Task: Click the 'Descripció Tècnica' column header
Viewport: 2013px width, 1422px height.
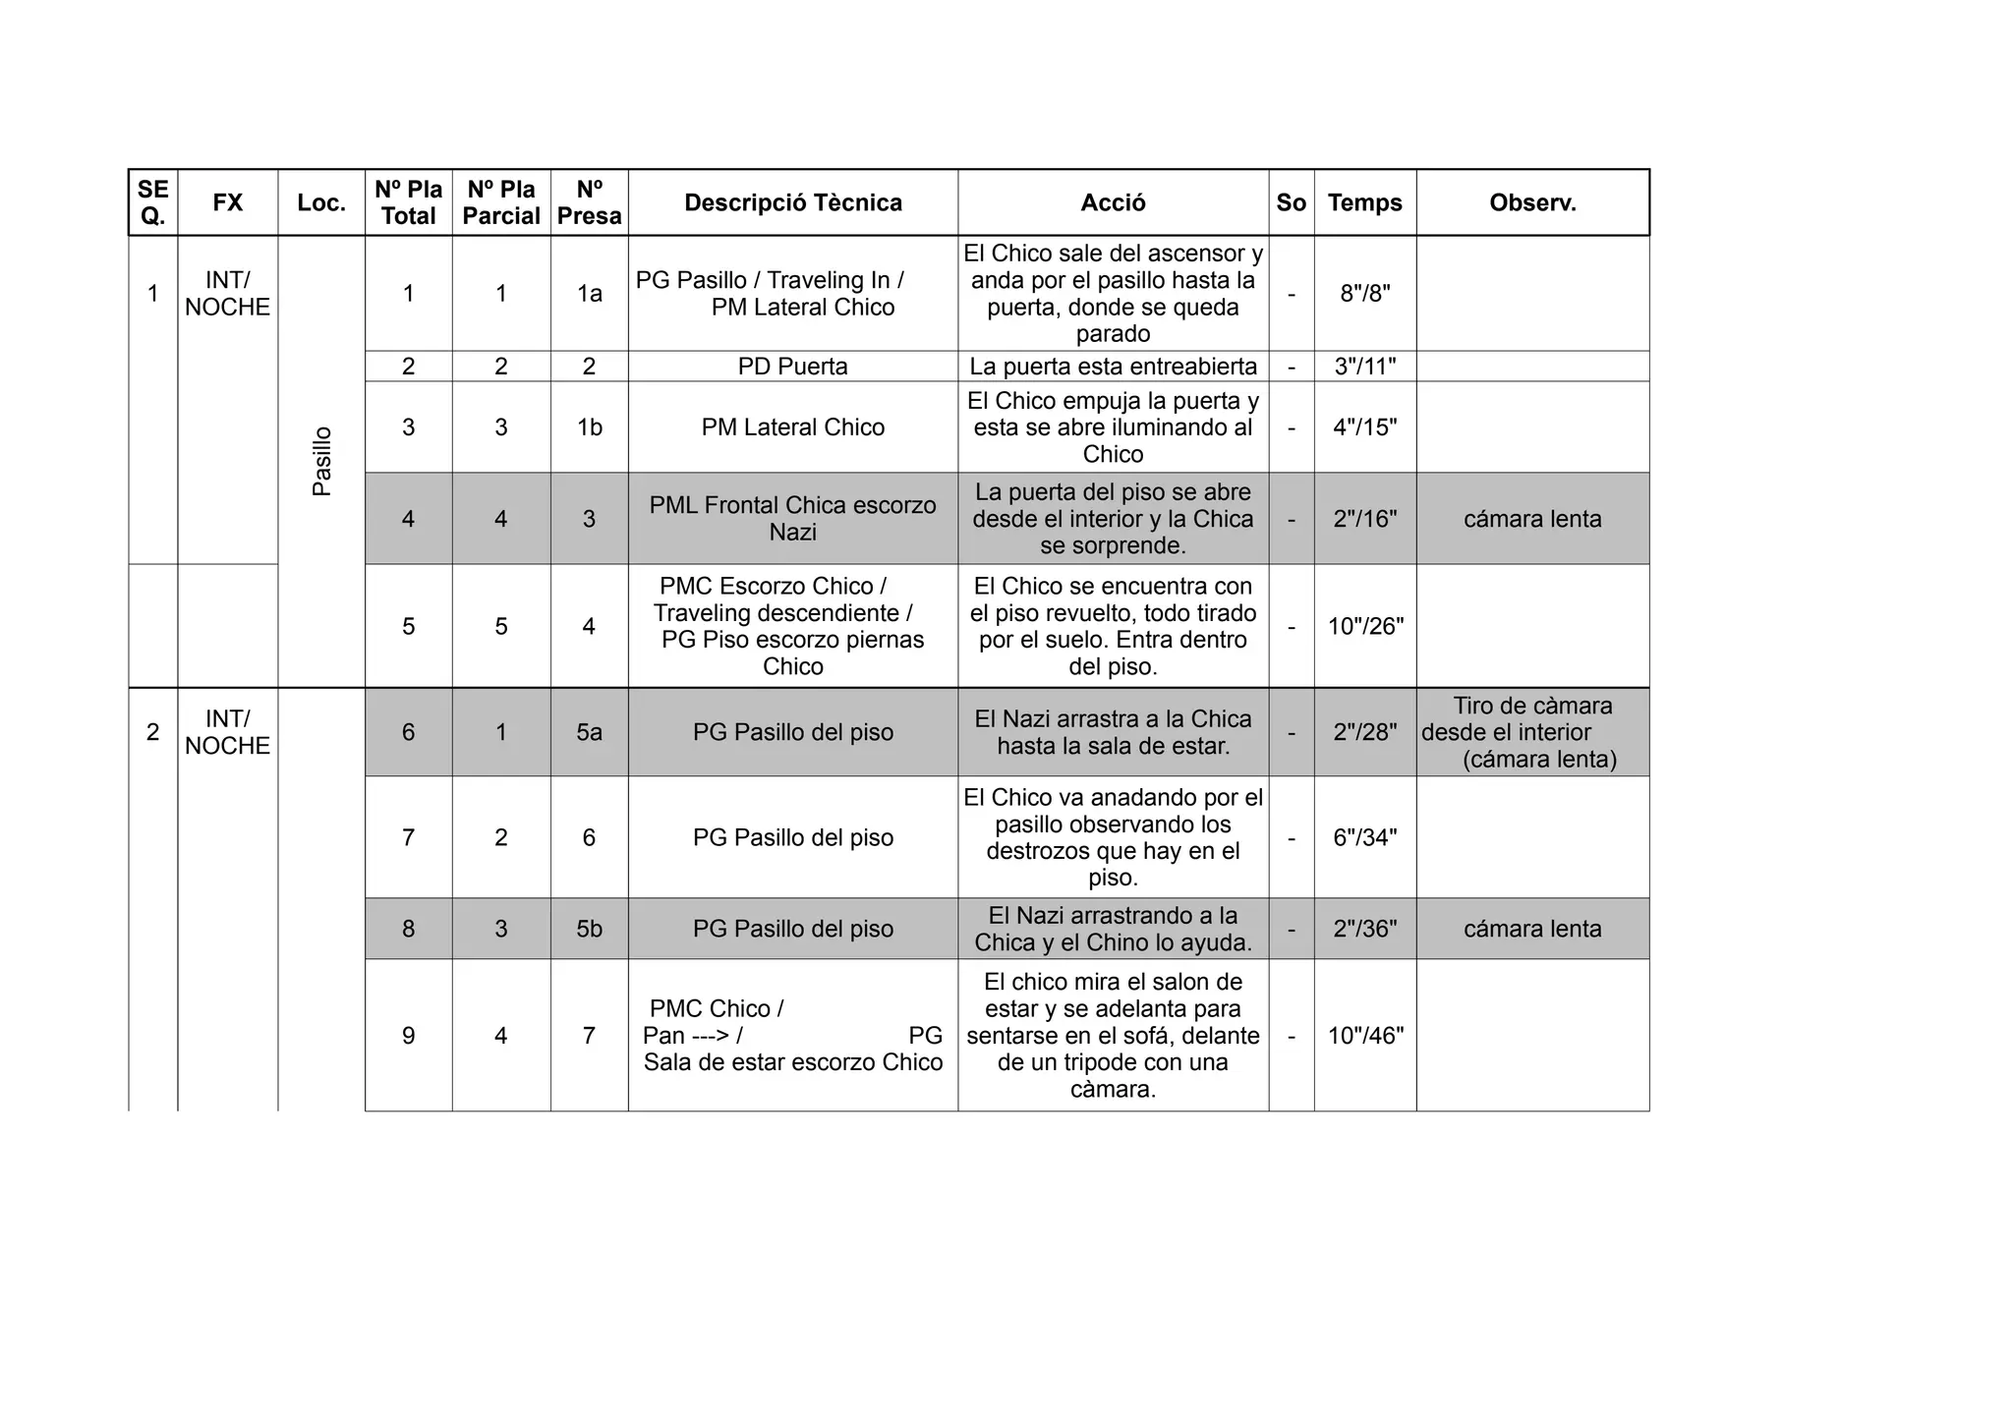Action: [x=792, y=202]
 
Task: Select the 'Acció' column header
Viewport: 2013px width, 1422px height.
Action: [x=1113, y=202]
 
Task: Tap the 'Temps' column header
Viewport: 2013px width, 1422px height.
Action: [x=1364, y=202]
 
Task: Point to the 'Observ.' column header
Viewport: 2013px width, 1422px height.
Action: [x=1532, y=202]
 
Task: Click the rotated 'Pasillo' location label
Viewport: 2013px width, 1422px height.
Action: [x=321, y=461]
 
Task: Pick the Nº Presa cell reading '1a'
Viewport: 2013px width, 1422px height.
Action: [x=589, y=293]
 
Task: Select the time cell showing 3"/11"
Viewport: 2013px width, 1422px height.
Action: [x=1364, y=367]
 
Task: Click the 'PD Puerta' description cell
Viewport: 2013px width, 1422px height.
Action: [x=792, y=367]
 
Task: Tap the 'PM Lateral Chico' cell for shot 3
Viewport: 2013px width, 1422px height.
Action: [x=792, y=427]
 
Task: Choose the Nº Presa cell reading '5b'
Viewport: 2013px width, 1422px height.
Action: [x=589, y=929]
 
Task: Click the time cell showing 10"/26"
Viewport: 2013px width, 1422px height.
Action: [x=1364, y=626]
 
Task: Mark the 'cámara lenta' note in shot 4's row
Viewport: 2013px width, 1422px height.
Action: [x=1532, y=519]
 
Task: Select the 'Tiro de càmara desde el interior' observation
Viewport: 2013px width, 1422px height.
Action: [x=1532, y=732]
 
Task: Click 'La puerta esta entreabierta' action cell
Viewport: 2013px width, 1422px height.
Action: [x=1113, y=367]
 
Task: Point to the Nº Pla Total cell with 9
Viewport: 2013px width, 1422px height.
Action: [x=408, y=1035]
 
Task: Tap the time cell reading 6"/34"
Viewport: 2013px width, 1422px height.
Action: [x=1364, y=837]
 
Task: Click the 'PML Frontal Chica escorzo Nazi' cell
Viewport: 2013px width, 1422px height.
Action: [x=792, y=519]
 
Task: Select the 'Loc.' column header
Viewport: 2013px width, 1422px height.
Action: [x=321, y=202]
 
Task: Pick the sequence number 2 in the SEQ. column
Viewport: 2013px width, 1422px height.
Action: [x=152, y=732]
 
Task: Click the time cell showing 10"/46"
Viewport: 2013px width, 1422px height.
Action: [x=1364, y=1035]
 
